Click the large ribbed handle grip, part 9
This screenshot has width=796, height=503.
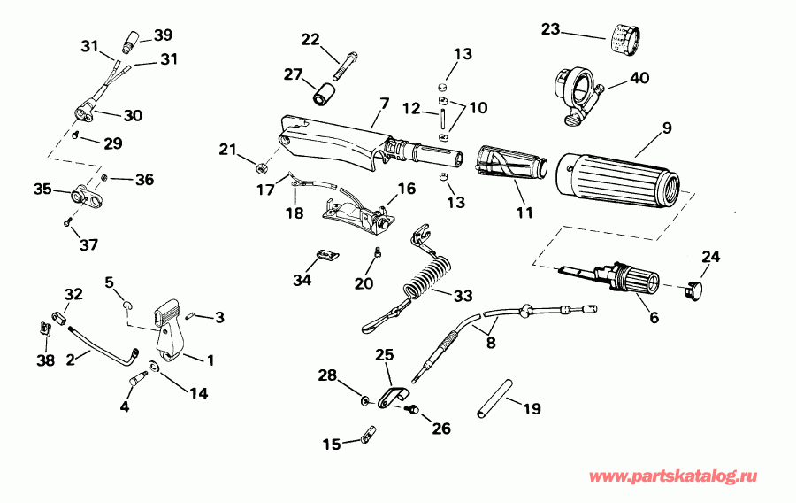[x=619, y=178]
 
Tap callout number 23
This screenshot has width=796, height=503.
[x=551, y=29]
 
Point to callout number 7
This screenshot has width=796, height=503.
[x=383, y=104]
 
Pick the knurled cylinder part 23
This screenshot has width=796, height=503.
[x=625, y=39]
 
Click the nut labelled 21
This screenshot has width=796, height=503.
[x=261, y=166]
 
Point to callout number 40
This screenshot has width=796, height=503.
[x=639, y=78]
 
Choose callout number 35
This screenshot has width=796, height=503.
[x=42, y=189]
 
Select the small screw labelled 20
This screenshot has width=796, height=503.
[x=378, y=255]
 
